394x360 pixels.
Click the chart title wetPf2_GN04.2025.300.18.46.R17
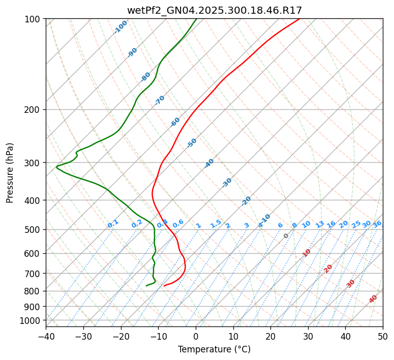pos(214,10)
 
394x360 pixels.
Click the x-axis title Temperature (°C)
pos(214,350)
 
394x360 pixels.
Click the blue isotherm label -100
pos(120,27)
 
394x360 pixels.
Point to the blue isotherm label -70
pos(160,100)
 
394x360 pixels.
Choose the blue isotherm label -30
pos(227,183)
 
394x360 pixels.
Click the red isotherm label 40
pos(373,299)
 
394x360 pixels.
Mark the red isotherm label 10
pos(306,253)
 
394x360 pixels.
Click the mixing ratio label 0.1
pos(113,224)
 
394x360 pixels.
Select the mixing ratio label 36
pos(377,224)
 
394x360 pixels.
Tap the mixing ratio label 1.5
pos(216,224)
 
